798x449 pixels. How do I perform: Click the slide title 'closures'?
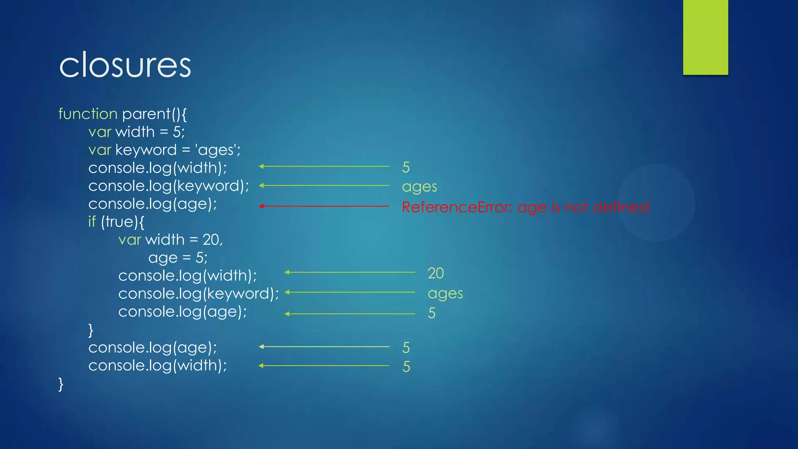click(125, 65)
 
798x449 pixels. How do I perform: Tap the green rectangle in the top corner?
click(705, 37)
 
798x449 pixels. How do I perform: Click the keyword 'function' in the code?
click(88, 114)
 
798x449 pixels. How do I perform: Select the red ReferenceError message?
click(525, 207)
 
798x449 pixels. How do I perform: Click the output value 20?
click(436, 273)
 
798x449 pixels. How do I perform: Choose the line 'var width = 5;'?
click(136, 132)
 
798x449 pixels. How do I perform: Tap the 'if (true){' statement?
click(116, 222)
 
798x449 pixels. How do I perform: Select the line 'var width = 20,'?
click(170, 240)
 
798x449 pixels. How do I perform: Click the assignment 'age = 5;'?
click(178, 258)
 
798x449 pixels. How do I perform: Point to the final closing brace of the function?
click(61, 384)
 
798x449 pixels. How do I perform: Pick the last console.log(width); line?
click(157, 366)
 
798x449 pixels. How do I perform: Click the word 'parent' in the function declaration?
click(146, 114)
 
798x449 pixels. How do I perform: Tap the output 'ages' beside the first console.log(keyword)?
click(419, 187)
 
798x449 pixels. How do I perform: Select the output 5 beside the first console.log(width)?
click(406, 167)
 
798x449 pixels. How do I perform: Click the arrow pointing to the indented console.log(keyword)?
click(350, 292)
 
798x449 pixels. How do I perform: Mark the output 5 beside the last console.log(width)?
click(406, 367)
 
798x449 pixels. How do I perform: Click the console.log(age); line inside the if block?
click(182, 312)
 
